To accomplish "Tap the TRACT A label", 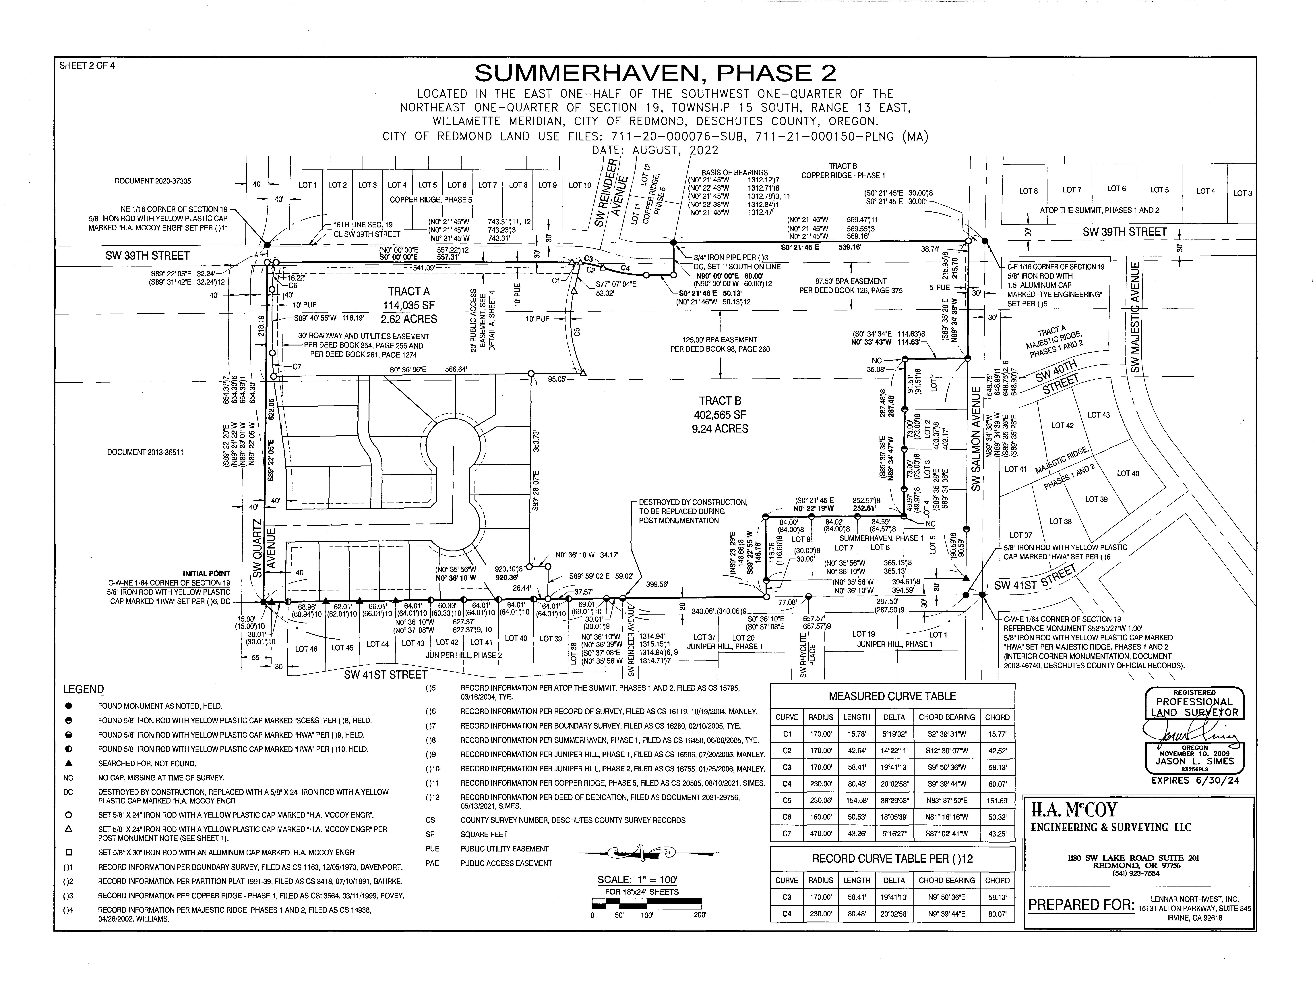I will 409,291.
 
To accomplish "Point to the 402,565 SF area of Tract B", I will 719,415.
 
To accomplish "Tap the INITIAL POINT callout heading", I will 206,573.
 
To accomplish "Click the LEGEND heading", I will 83,689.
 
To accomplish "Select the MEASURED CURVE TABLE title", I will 892,696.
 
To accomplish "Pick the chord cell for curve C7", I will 997,834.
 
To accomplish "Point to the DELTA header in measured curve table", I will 894,717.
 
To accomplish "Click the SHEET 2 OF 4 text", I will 87,65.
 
